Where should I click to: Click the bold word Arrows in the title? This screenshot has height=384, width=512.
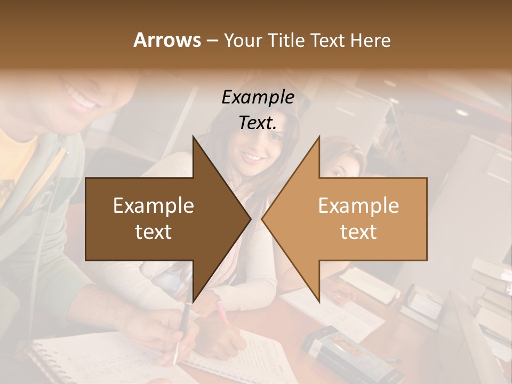pyautogui.click(x=167, y=40)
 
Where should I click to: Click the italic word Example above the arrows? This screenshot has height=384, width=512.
pyautogui.click(x=258, y=98)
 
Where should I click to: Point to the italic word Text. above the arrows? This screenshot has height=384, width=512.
pyautogui.click(x=258, y=123)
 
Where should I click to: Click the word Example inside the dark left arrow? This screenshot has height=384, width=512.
pyautogui.click(x=154, y=206)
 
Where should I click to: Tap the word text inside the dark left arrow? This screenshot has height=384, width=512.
pyautogui.click(x=154, y=232)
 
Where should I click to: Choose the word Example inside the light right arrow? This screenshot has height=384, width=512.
pyautogui.click(x=358, y=206)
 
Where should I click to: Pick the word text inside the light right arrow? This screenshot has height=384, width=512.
pyautogui.click(x=358, y=232)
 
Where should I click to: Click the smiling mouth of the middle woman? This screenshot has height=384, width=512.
pyautogui.click(x=252, y=158)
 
